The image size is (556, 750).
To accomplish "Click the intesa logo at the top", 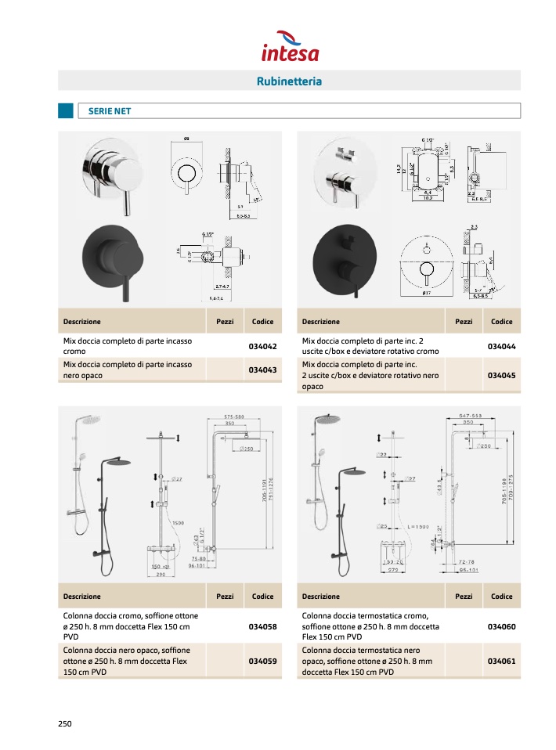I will (290, 45).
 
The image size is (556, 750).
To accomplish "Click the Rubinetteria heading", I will (289, 81).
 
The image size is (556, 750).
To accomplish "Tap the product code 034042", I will (263, 346).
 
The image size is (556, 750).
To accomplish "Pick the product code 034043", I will (263, 370).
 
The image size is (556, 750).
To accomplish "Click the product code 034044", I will (501, 346).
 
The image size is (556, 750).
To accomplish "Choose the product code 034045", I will (501, 375).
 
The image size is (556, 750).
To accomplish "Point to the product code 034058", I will (263, 626).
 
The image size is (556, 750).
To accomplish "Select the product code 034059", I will (263, 661).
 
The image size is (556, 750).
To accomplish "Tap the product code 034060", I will (501, 626).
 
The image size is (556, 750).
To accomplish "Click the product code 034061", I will (501, 661).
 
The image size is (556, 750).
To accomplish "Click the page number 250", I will (65, 723).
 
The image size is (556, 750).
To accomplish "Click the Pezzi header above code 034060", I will (464, 597).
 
